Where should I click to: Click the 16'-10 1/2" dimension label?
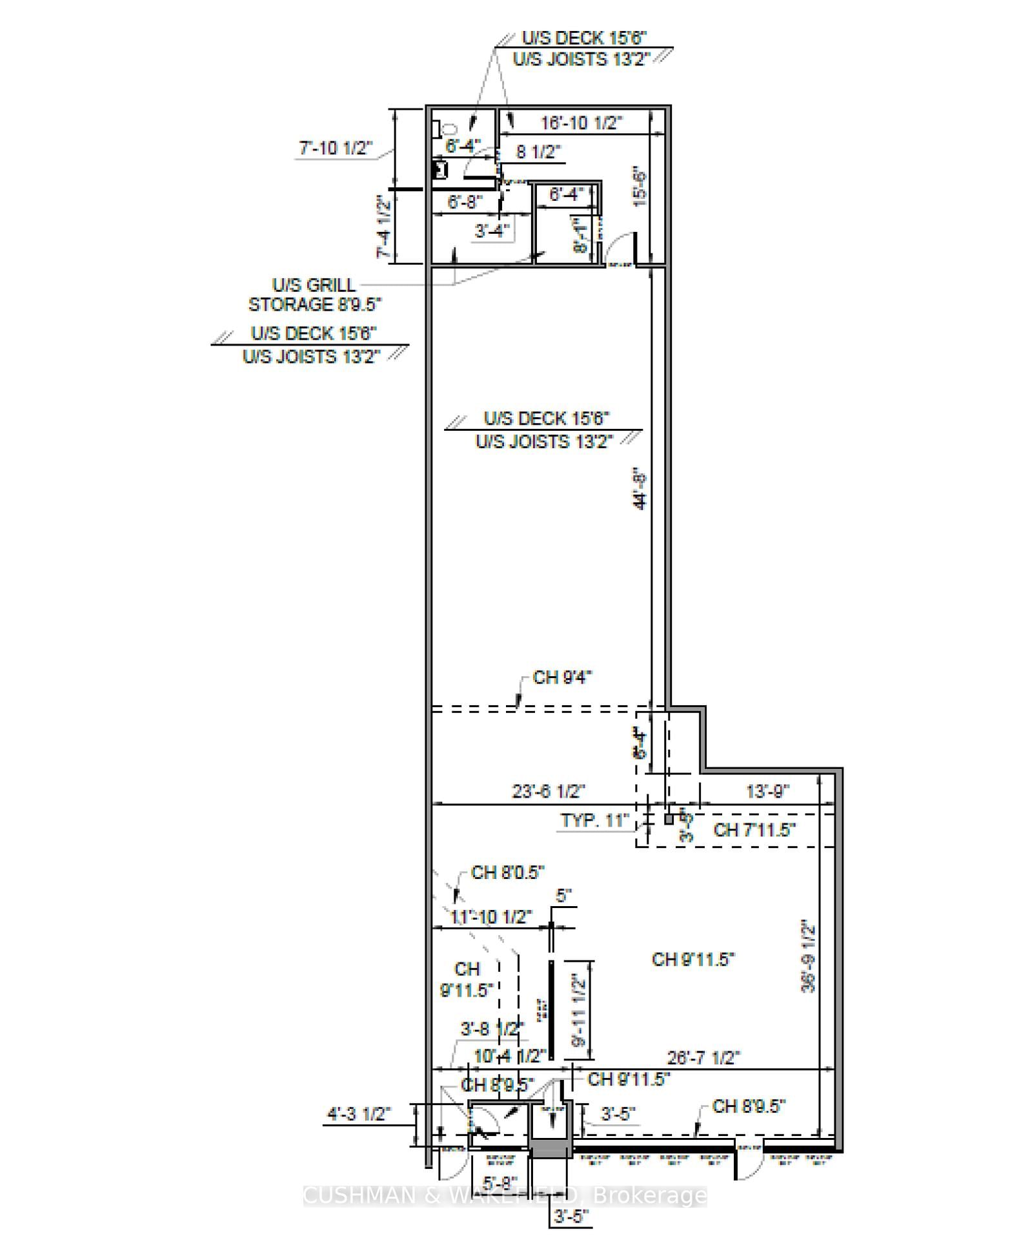tap(581, 123)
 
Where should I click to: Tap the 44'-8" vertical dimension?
tap(640, 489)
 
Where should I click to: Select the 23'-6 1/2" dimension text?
tap(549, 791)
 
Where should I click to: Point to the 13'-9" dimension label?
tap(767, 791)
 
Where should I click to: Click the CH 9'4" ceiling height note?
tap(562, 677)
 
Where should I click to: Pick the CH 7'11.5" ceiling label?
tap(754, 830)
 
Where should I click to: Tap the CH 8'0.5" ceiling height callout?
tap(507, 873)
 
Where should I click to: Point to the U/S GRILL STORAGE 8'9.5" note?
tap(315, 294)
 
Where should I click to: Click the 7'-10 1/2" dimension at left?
tap(336, 148)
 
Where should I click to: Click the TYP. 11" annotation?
tap(594, 820)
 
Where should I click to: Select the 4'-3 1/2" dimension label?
tap(359, 1114)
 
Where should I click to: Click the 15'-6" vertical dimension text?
tap(640, 187)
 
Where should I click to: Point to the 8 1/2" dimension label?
tap(538, 152)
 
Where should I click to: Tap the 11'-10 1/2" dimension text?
tap(490, 916)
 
